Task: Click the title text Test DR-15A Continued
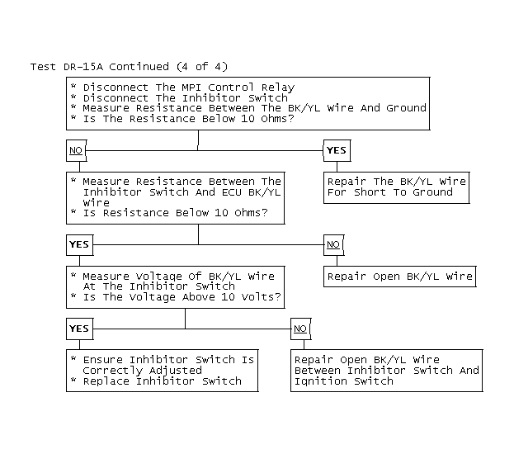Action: click(x=100, y=67)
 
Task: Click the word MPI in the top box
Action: click(x=191, y=87)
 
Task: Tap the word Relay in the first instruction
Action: click(x=278, y=88)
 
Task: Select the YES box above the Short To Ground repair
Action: click(x=337, y=150)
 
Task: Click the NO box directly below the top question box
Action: click(x=77, y=150)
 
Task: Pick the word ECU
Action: click(x=232, y=192)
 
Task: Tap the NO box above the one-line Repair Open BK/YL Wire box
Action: click(x=333, y=244)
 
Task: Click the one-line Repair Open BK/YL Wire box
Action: click(x=400, y=277)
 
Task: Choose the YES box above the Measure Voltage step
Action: click(x=80, y=244)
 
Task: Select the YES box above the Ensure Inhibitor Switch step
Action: click(x=80, y=329)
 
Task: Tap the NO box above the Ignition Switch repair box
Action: click(x=300, y=329)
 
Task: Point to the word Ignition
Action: click(x=321, y=381)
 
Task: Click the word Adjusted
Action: click(x=176, y=371)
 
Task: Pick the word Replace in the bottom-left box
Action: click(x=106, y=381)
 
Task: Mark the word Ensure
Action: click(x=102, y=360)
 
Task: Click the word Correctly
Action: click(x=112, y=371)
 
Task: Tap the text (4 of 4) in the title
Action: click(x=202, y=67)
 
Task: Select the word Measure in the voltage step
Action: click(x=106, y=277)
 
